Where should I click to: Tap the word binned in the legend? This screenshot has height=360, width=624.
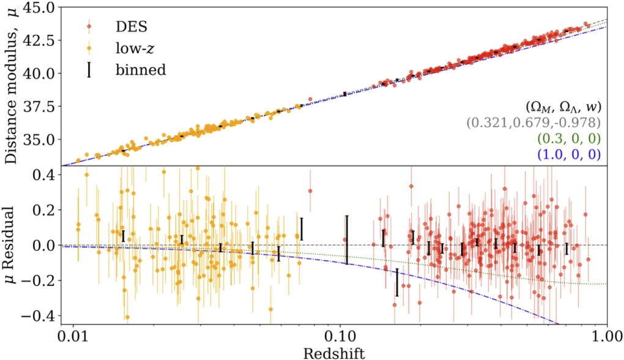(x=141, y=70)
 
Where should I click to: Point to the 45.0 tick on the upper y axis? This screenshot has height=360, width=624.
(x=42, y=7)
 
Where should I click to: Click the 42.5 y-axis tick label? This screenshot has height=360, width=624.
(x=42, y=40)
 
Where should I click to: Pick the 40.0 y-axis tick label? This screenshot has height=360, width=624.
(x=42, y=73)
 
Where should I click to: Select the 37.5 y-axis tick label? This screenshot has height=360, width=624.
(x=42, y=107)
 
